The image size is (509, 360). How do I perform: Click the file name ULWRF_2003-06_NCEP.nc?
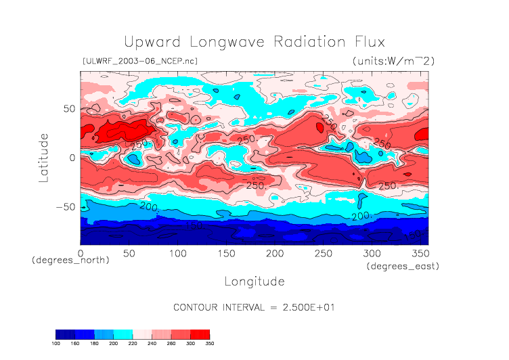[x=139, y=61]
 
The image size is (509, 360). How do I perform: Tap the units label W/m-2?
[x=393, y=61]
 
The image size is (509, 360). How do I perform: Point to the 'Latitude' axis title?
[x=43, y=157]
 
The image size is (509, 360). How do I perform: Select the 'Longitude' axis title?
[x=255, y=281]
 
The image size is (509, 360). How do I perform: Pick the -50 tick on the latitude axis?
[x=64, y=207]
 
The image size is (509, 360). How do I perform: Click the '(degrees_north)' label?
[x=70, y=260]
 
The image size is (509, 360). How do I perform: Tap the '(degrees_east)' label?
[x=403, y=267]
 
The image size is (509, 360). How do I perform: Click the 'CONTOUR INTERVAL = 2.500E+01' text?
[x=255, y=307]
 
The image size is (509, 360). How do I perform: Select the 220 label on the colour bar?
[x=133, y=344]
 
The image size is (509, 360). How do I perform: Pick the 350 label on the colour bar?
[x=209, y=344]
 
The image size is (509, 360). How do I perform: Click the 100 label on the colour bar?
[x=56, y=344]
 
